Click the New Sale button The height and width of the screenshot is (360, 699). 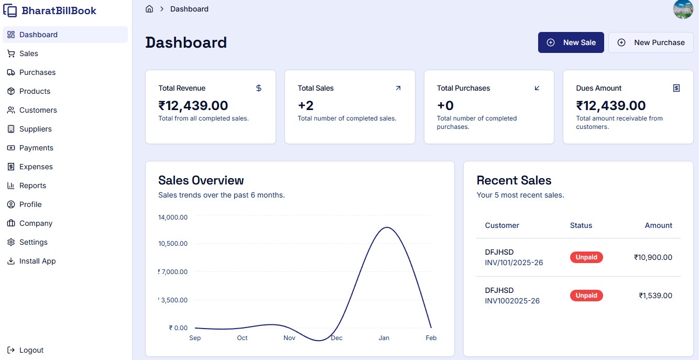tap(571, 42)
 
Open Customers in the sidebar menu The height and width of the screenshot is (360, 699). tap(38, 110)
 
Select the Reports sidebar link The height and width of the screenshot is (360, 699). tap(32, 186)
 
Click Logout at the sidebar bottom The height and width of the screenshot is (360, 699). tap(31, 350)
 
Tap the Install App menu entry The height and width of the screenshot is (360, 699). tap(37, 261)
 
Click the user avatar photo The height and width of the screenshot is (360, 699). tap(683, 9)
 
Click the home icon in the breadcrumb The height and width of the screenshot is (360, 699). tap(149, 9)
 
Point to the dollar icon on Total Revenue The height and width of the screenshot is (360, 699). tap(258, 88)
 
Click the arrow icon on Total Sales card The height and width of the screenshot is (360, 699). tap(398, 88)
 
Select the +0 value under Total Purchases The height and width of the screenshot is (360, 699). tap(445, 105)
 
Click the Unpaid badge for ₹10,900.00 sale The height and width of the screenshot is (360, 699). tap(586, 257)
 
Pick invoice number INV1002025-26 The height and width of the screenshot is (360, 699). tap(512, 301)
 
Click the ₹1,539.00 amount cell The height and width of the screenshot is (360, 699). tap(655, 296)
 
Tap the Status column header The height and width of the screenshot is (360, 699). tap(581, 225)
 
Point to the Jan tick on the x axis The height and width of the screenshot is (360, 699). tap(384, 338)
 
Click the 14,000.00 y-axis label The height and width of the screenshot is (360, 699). tap(173, 217)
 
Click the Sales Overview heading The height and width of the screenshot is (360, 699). tap(201, 180)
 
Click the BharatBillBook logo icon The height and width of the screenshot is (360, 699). tap(10, 10)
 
